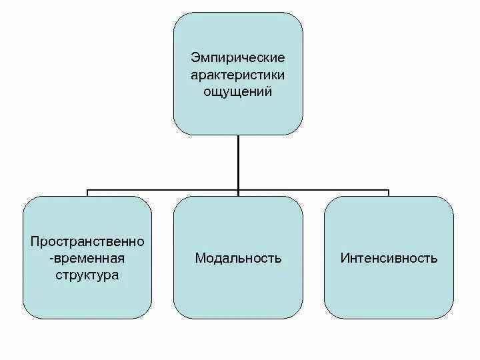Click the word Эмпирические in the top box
[238, 59]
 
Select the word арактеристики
[238, 75]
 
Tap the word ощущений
[238, 92]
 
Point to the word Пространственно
[87, 241]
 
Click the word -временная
[87, 257]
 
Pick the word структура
[87, 274]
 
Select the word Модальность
[238, 258]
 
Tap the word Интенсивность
[389, 258]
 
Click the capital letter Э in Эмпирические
[194, 59]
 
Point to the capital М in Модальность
[199, 258]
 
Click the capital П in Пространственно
[35, 241]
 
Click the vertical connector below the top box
[238, 160]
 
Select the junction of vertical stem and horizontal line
[238, 190]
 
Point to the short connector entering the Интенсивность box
[389, 193]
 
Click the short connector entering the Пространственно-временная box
[87, 193]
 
